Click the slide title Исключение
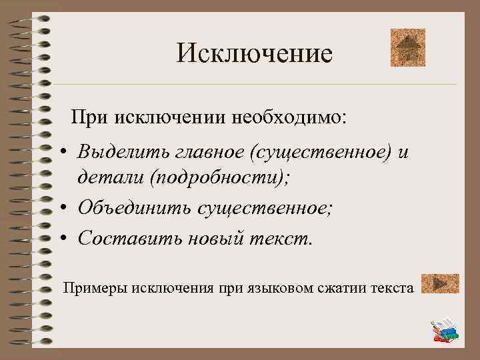tap(254, 53)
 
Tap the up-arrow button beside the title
tap(407, 47)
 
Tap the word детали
tap(109, 178)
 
